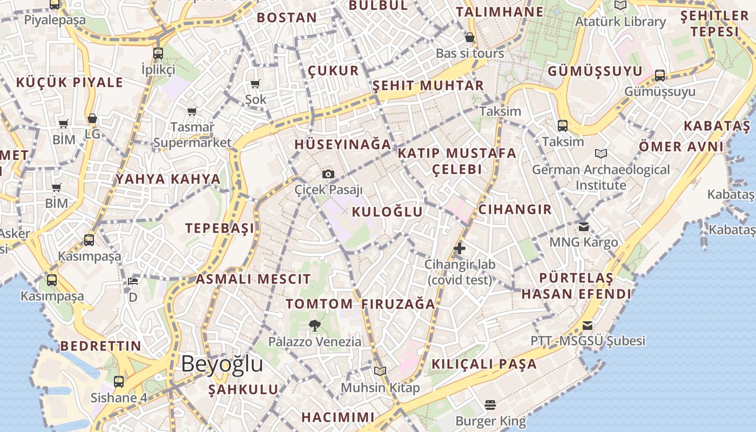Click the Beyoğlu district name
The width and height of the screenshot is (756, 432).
click(222, 364)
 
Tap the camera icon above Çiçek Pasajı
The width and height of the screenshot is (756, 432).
click(328, 174)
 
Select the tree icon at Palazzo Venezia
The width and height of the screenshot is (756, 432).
click(315, 325)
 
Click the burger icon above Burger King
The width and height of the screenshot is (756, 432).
click(490, 404)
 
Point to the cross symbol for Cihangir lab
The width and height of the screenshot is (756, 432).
click(460, 248)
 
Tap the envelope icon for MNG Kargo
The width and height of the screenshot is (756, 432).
click(583, 226)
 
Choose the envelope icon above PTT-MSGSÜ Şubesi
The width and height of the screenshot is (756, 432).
click(588, 326)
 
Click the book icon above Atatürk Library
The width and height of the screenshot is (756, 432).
click(620, 5)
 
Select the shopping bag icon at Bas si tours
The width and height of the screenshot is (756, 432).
click(470, 37)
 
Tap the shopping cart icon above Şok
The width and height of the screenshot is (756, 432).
click(255, 84)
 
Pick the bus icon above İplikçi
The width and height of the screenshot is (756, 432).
click(158, 53)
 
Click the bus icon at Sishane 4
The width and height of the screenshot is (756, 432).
click(119, 381)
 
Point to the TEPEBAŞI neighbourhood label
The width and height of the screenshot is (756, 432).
click(220, 228)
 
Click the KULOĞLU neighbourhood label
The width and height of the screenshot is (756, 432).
click(387, 212)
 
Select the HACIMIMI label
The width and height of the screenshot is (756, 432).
click(338, 417)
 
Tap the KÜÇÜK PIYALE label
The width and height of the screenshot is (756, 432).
click(70, 83)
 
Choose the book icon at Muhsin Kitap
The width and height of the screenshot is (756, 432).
click(380, 371)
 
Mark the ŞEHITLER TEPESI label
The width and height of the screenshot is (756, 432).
click(714, 24)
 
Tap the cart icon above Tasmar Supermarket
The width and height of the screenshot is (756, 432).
click(192, 111)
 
